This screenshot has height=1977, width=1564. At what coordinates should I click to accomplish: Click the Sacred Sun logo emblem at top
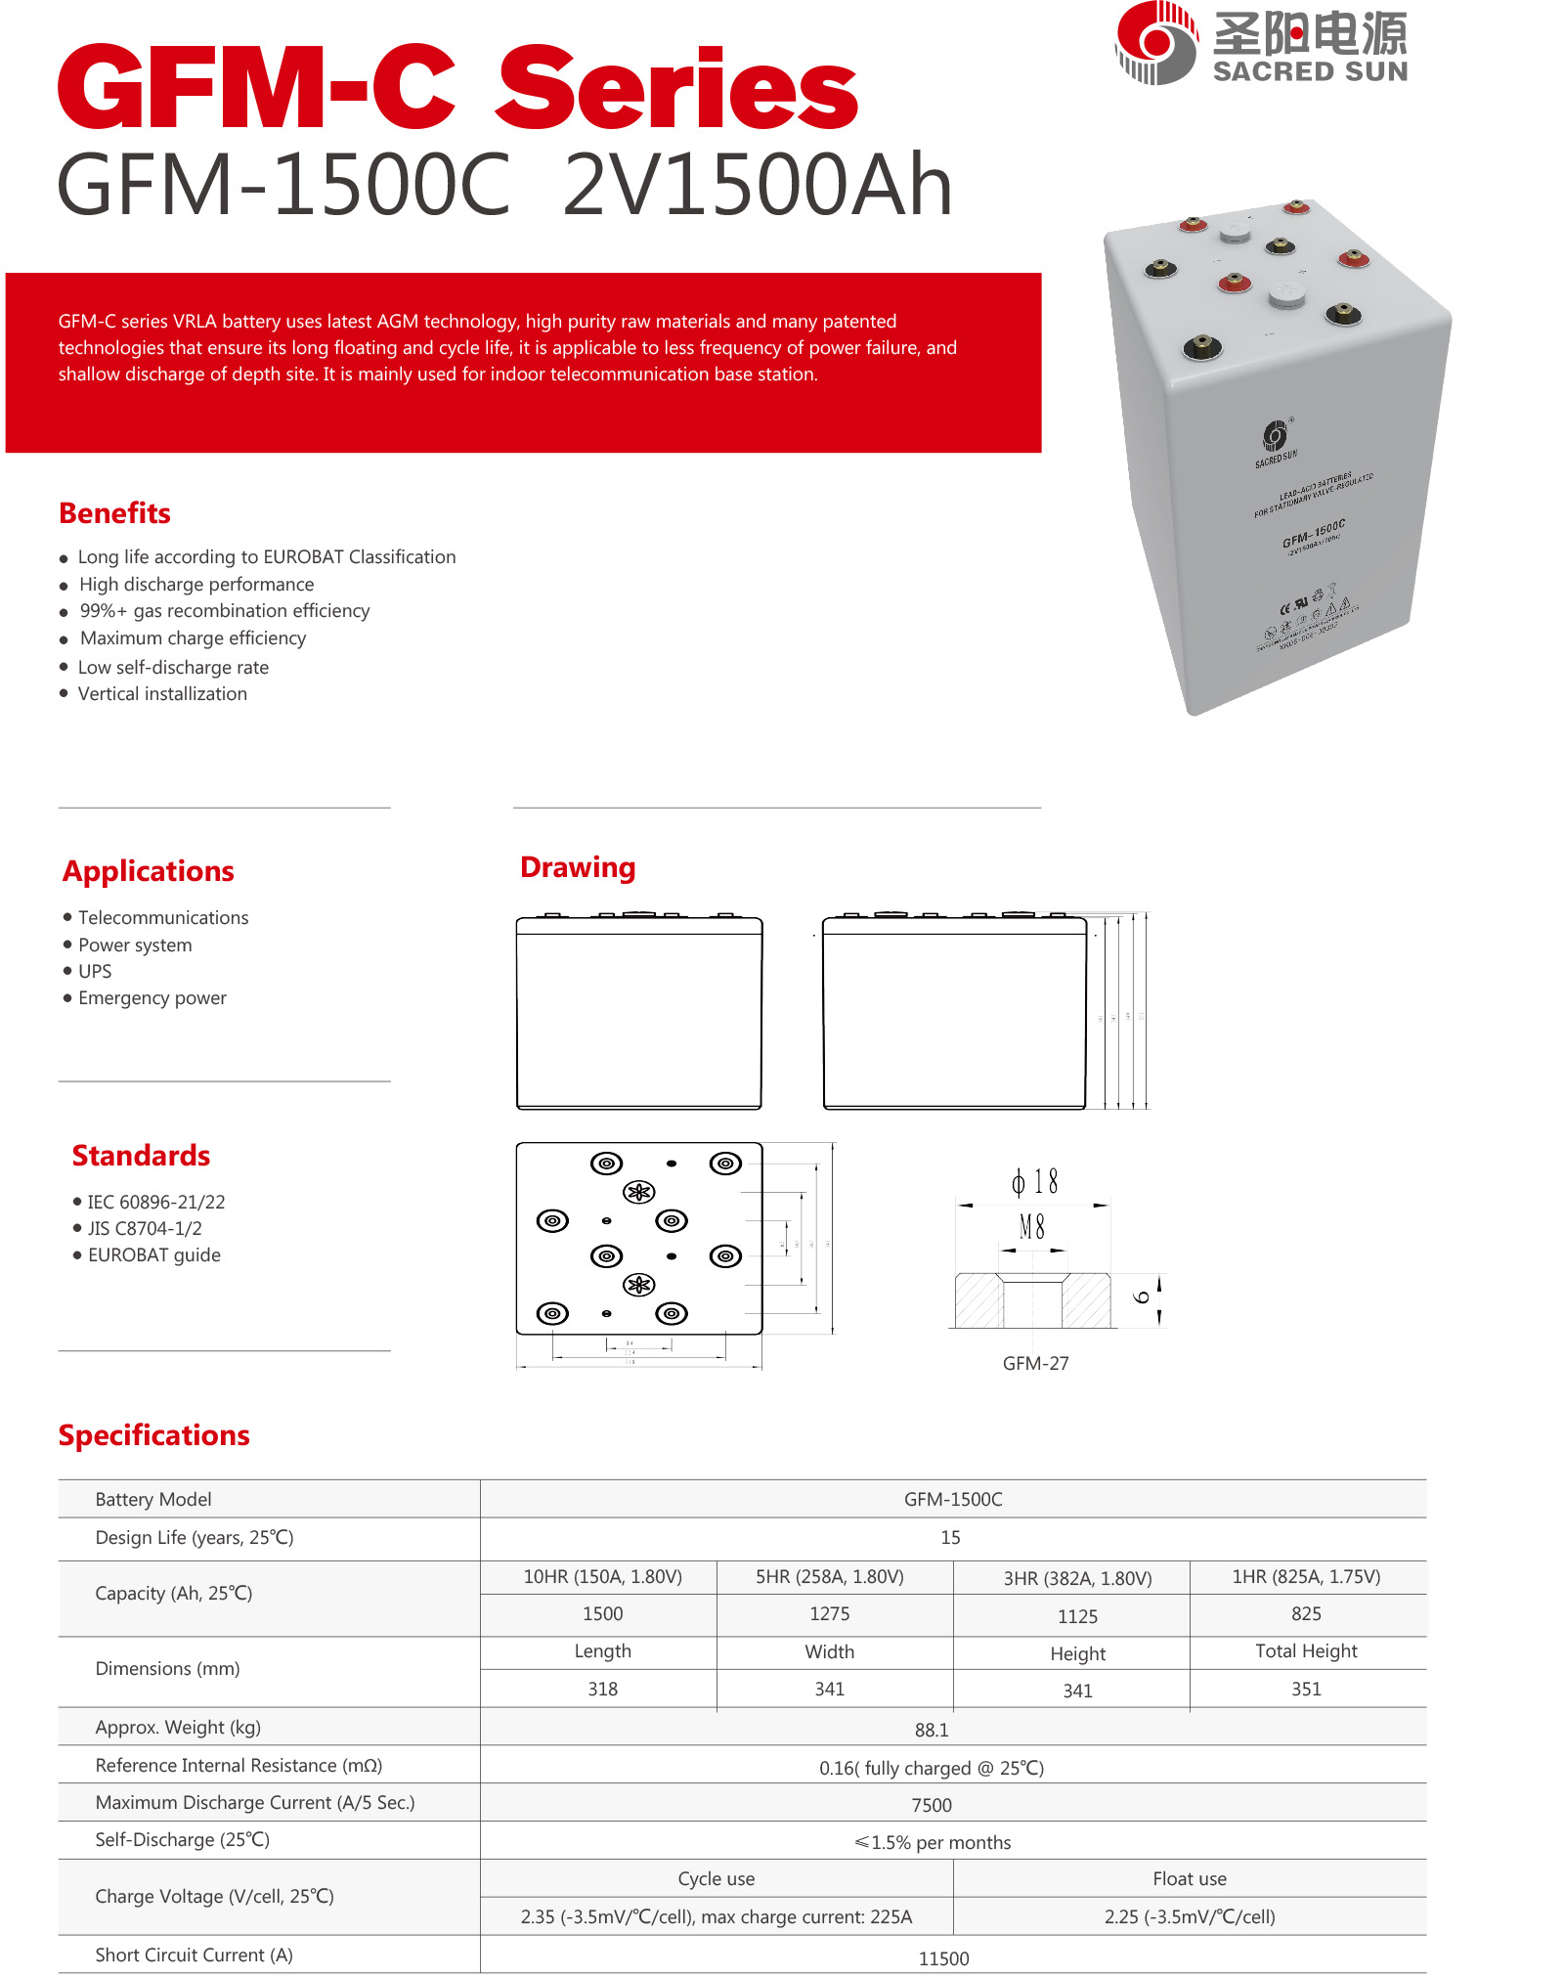coord(1156,43)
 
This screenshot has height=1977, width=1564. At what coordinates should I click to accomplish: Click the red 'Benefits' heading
coord(114,513)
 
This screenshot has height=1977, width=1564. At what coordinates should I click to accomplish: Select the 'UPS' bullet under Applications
coord(95,971)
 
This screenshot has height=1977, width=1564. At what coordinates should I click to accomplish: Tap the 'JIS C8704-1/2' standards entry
coord(145,1228)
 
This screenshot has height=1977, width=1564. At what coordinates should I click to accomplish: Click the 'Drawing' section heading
coord(578,867)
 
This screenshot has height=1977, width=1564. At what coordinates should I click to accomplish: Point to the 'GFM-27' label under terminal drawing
coord(1035,1363)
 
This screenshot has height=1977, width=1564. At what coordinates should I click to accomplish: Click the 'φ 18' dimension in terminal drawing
coord(1035,1182)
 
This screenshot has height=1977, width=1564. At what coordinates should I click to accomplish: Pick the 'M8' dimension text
coord(1032,1227)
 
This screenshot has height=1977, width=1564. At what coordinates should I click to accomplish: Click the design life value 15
coord(950,1538)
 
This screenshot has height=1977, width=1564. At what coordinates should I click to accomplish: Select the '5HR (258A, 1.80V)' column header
coord(829,1577)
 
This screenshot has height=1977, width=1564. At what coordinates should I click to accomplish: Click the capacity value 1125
coord(1077,1617)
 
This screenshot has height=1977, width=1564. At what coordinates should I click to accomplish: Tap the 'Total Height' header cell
coord(1306,1651)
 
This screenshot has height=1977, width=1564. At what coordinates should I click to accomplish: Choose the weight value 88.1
coord(932,1730)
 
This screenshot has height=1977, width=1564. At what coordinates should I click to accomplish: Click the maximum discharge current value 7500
coord(932,1805)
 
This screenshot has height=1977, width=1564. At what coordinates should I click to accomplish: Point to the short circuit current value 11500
coord(943,1958)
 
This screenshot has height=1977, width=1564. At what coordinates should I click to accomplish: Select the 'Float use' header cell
coord(1189,1879)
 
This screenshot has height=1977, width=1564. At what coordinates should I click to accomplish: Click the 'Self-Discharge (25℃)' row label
coord(182,1840)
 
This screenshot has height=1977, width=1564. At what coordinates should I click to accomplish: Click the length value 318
coord(602,1690)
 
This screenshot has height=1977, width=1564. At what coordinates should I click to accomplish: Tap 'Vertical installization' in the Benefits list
coord(162,694)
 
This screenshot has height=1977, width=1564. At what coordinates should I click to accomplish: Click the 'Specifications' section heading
coord(153,1435)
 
